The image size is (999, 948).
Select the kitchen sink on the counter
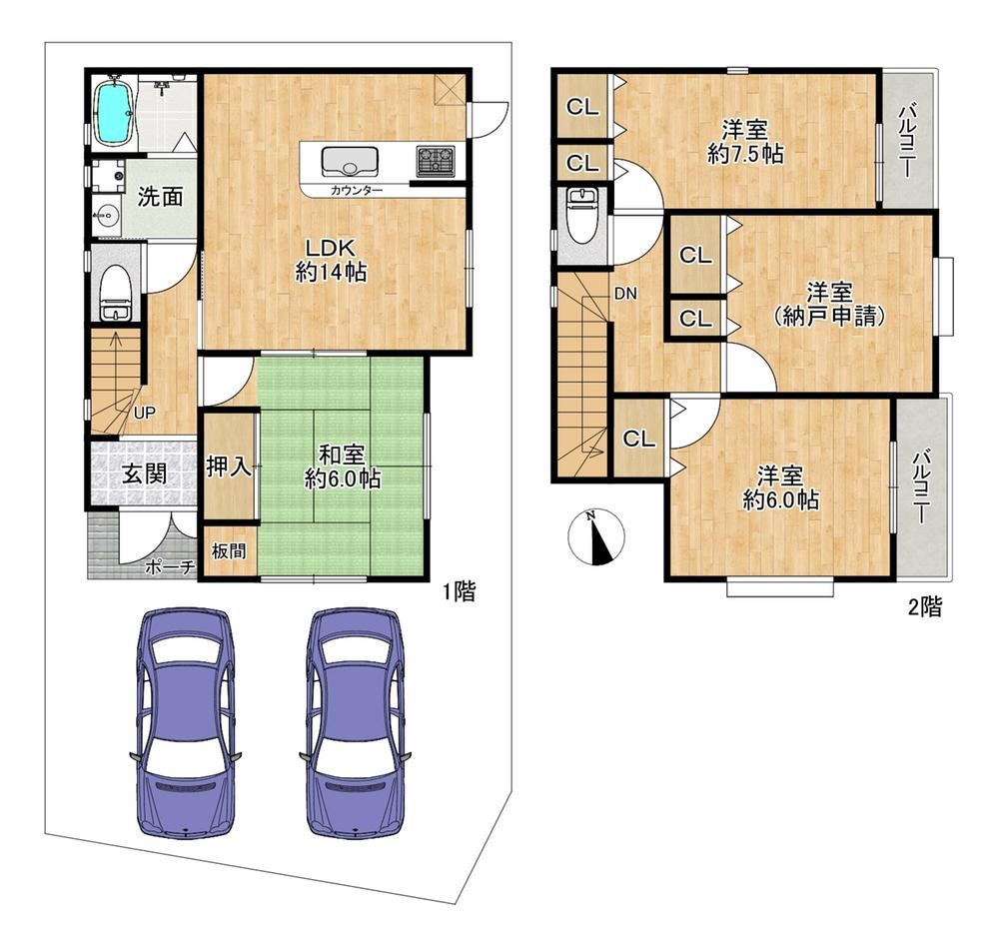pos(350,161)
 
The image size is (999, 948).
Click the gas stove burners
pos(437,161)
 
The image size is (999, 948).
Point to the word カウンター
pos(357,190)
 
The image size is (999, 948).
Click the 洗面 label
pos(161,197)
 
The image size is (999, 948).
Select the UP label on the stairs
pos(145,413)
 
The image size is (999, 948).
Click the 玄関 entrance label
pos(145,474)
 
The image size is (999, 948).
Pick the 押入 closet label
pos(229,467)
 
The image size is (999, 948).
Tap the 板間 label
pos(229,551)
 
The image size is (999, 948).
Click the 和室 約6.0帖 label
pos(343,467)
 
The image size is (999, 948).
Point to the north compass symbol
pos(595,537)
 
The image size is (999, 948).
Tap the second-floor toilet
pos(580,216)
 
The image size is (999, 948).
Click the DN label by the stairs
pos(625,294)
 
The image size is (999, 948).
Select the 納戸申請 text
pos(829,317)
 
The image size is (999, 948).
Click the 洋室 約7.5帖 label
pos(745,142)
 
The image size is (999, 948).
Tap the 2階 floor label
pos(924,607)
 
